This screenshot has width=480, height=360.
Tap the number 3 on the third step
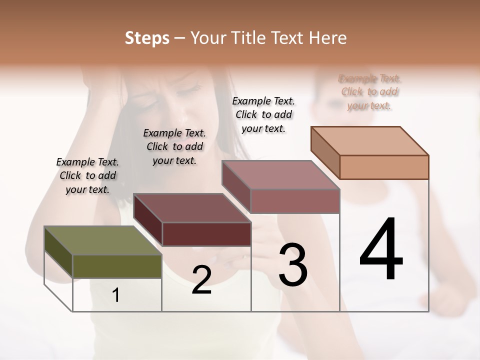pos(292,265)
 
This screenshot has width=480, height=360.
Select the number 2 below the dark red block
pos(201,280)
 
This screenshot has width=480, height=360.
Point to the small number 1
pos(116,295)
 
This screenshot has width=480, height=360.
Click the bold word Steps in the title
pos(147,38)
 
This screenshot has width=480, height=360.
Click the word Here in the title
pos(328,38)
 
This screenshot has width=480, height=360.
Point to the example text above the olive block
pos(87,175)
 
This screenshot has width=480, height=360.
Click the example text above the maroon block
pos(174,146)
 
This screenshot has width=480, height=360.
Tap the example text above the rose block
pos(263,114)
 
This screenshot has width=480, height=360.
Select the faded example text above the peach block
pos(369,92)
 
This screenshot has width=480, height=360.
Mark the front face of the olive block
pos(117,266)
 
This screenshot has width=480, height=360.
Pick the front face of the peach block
pos(384,167)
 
